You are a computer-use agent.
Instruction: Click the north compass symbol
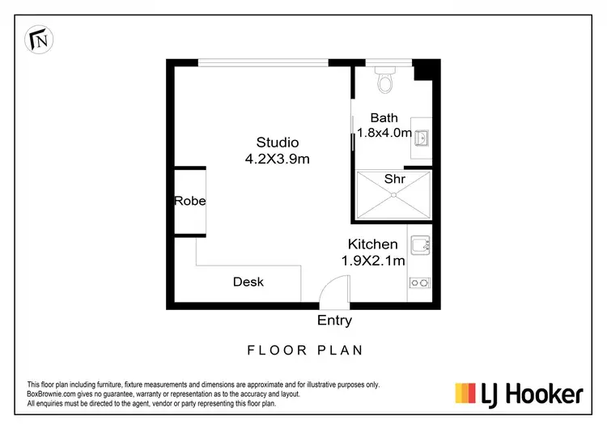point(38,37)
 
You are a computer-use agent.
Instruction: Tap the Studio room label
point(278,143)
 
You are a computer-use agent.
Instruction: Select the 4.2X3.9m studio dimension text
point(278,159)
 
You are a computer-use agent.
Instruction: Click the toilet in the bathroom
point(384,79)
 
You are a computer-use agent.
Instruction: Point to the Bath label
point(384,118)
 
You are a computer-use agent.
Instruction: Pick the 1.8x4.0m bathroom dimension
point(384,133)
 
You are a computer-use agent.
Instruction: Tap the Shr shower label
point(394,178)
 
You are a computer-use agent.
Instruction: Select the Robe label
point(189,201)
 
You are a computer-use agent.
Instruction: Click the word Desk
point(248,282)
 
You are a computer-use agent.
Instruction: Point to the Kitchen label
point(372,244)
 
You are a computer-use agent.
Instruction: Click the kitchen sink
point(420,244)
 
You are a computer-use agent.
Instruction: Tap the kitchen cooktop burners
point(420,282)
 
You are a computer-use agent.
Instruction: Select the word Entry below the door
point(334,321)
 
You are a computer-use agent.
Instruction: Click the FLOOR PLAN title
point(304,350)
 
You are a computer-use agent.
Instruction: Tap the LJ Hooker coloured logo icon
point(465,393)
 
